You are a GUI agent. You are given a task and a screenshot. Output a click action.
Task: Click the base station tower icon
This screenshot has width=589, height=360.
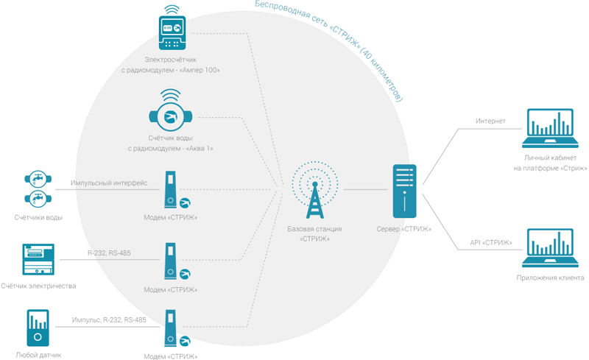pos(315,191)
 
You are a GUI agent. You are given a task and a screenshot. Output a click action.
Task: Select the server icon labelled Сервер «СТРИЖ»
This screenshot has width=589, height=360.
pos(404,191)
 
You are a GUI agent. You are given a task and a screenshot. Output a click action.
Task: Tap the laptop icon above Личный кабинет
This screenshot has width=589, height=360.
pos(550,128)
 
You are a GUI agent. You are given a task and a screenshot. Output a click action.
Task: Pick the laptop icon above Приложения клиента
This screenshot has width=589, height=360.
pos(550,248)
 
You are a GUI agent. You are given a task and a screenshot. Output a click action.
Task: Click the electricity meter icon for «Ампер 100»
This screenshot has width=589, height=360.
pos(172,28)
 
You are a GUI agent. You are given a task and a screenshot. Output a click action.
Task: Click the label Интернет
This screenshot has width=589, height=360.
pos(490,121)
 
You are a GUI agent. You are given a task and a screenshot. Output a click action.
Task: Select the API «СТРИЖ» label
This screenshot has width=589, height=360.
pos(490,243)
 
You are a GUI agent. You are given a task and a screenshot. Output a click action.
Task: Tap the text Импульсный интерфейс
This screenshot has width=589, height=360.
pos(109,183)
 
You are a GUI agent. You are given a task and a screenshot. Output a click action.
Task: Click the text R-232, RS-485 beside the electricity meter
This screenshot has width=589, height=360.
pos(109,253)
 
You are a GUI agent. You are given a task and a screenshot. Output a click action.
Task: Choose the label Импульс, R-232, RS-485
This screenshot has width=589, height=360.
pos(109,320)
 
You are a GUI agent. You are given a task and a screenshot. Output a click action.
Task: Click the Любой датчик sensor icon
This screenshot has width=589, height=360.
pos(38,328)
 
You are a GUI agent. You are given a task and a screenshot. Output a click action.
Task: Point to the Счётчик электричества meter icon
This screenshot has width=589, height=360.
pos(38,259)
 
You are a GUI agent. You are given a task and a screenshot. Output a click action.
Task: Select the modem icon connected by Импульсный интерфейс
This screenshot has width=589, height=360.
pos(171,189)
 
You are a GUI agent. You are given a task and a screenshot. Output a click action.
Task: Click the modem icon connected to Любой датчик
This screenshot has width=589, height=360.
pos(171,328)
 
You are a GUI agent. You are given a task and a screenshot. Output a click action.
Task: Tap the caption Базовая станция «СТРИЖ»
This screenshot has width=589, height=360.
pos(315,233)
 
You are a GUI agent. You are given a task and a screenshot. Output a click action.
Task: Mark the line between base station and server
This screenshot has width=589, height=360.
pos(366,189)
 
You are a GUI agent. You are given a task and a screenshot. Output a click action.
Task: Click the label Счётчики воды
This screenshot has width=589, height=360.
pos(38,218)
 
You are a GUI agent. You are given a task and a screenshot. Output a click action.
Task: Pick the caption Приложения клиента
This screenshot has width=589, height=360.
pos(550,278)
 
